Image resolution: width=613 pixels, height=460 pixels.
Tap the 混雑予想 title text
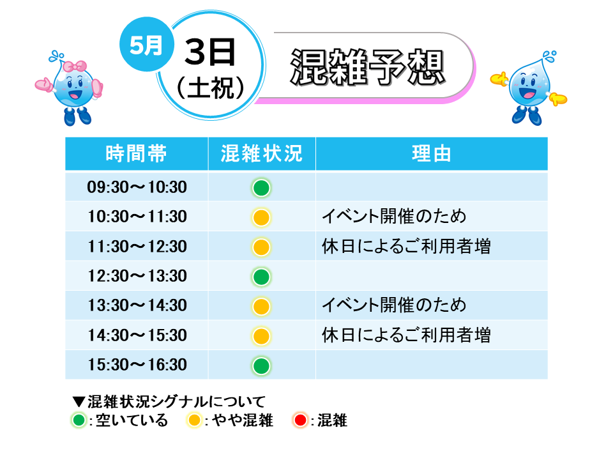point(368,67)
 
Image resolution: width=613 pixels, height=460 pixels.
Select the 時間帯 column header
point(136,153)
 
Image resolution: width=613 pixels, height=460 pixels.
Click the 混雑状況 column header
point(262,153)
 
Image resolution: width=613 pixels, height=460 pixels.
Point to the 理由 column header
point(432,153)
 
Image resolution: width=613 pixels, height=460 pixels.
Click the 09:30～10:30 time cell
point(137,187)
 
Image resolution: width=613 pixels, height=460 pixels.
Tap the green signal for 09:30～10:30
point(261,188)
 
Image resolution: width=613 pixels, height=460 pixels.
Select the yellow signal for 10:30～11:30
point(261,217)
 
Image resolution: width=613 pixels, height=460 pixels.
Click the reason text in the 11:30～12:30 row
point(406,247)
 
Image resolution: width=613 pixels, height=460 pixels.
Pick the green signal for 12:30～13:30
point(261,277)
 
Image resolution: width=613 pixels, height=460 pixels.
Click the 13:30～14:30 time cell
point(137,305)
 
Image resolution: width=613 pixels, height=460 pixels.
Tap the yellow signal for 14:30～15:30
point(261,337)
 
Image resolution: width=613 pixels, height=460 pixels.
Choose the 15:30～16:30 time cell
point(137,365)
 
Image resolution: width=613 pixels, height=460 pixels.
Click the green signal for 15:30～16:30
point(261,366)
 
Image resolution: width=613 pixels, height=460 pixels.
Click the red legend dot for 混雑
point(300,420)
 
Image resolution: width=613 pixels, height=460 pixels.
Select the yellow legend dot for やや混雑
point(194,420)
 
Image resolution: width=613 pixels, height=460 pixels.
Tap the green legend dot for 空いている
point(79,420)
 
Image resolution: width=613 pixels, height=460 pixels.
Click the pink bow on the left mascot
point(75,66)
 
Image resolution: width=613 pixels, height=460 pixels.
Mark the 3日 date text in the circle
point(210,52)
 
